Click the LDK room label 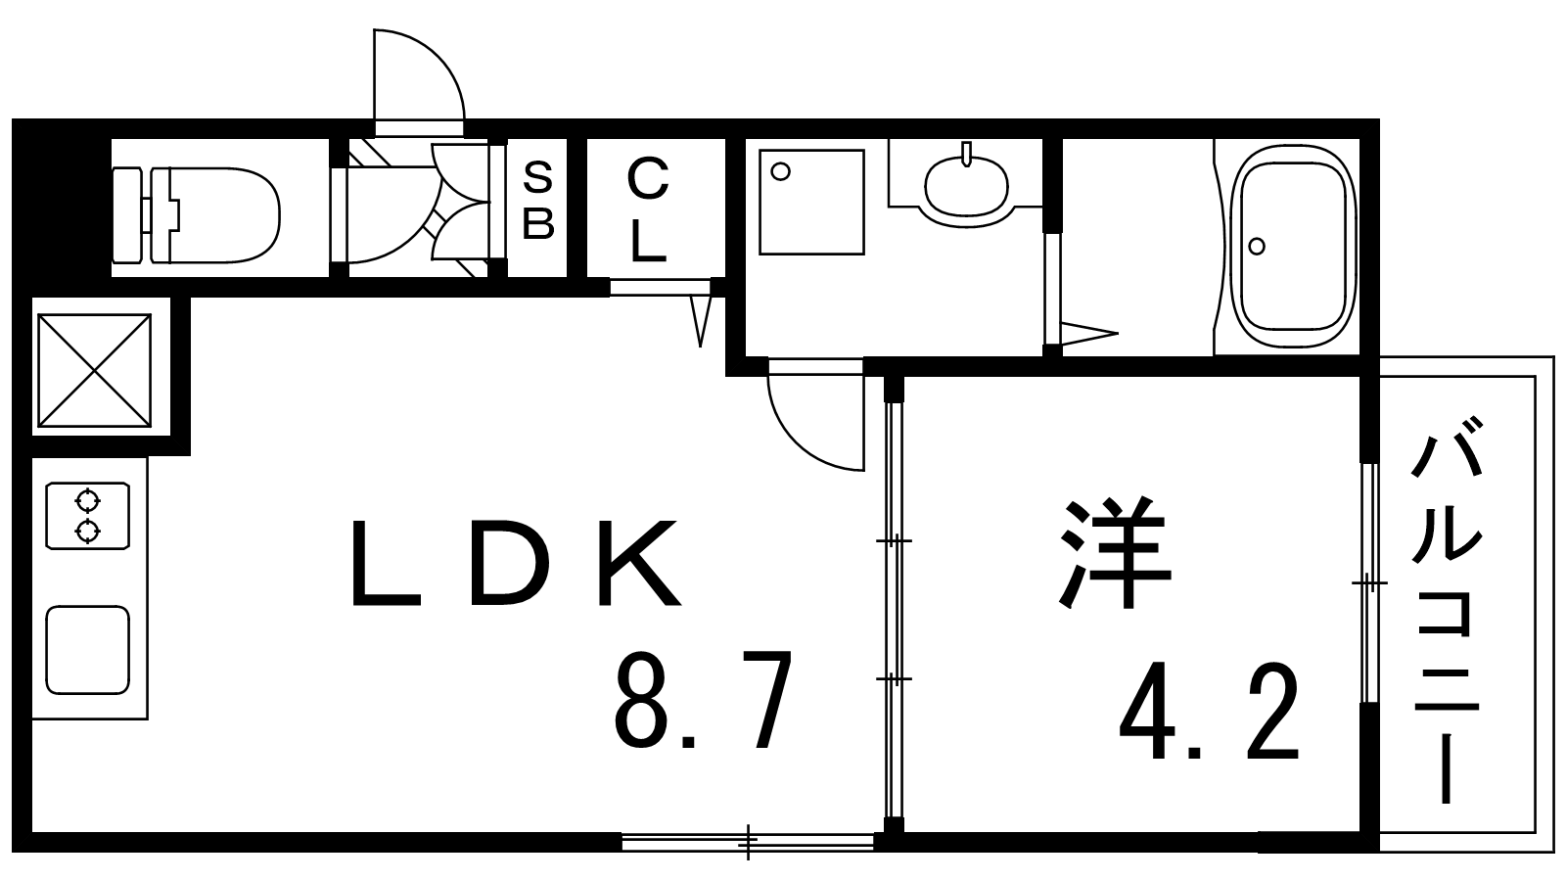tap(515, 562)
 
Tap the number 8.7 tap(704, 699)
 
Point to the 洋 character tap(1115, 552)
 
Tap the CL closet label tap(648, 209)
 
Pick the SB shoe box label tap(538, 200)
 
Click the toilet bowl tap(197, 215)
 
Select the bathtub tap(1293, 246)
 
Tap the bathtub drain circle tap(1257, 246)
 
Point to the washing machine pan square tap(811, 202)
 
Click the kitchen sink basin tap(88, 650)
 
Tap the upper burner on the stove tap(87, 501)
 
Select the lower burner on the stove tap(87, 532)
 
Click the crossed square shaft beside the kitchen tap(94, 370)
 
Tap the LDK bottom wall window tap(748, 841)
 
